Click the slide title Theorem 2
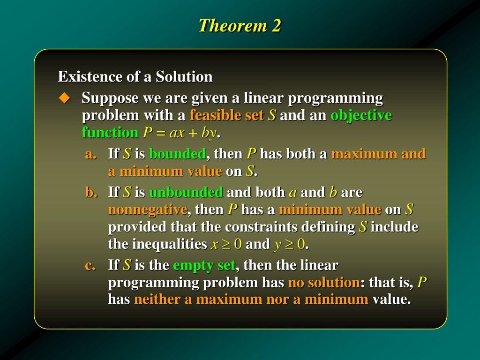click(x=240, y=25)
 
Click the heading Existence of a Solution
click(x=135, y=76)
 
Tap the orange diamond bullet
click(x=64, y=98)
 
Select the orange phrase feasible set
click(x=226, y=115)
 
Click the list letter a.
click(x=90, y=154)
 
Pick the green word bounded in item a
click(x=177, y=154)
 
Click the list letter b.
click(x=91, y=192)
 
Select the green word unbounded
click(x=186, y=192)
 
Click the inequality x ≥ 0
click(x=226, y=244)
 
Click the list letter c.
click(x=90, y=266)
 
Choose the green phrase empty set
click(x=204, y=265)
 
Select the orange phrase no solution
click(x=324, y=282)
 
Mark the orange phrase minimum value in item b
click(x=330, y=210)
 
